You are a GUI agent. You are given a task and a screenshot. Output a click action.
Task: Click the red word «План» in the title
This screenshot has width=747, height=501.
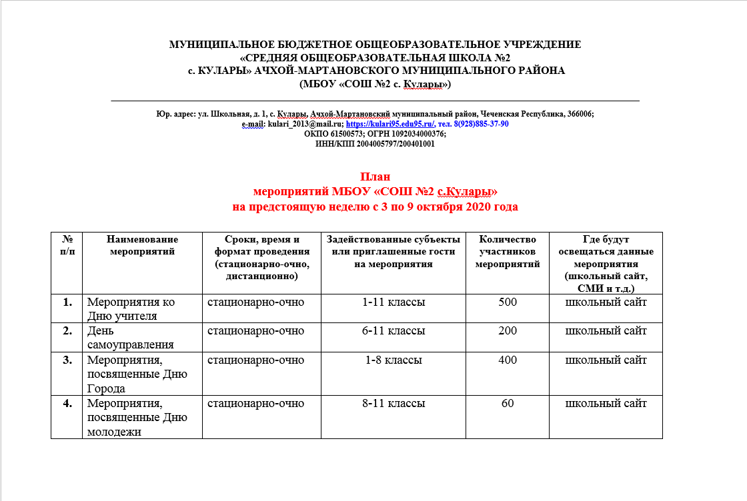pos(375,177)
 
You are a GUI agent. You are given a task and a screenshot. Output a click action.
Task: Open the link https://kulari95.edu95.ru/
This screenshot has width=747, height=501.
pos(390,124)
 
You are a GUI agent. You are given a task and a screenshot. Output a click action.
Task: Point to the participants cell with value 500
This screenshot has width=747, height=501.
pos(508,302)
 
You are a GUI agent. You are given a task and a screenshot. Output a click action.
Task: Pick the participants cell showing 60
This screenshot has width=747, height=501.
pos(508,404)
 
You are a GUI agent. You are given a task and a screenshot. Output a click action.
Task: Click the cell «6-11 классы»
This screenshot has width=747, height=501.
pos(393,331)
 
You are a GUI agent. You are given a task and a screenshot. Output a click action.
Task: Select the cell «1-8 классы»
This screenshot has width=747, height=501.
pos(393,360)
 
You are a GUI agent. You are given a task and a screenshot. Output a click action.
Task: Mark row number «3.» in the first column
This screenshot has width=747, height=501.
pos(67,360)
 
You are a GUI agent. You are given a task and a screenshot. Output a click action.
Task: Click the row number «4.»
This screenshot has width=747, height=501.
pos(67,404)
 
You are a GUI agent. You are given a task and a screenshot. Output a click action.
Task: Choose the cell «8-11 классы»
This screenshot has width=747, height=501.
pos(393,404)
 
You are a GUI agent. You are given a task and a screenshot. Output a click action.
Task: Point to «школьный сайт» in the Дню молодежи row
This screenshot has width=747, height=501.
pos(606,404)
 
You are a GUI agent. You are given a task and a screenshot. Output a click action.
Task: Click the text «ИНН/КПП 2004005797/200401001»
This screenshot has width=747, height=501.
pos(375,143)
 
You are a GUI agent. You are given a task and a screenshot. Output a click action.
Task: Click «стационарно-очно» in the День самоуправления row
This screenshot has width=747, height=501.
pos(255,331)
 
